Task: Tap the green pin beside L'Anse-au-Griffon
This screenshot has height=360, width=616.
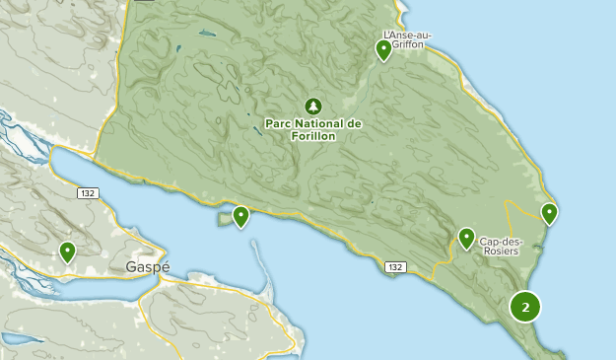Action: tap(384, 49)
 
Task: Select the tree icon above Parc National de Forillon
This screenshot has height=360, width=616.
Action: tap(313, 106)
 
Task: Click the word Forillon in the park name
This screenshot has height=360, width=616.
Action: tap(313, 136)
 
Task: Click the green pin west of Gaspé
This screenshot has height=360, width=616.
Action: tap(67, 252)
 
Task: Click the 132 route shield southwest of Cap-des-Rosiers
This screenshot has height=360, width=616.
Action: tap(395, 267)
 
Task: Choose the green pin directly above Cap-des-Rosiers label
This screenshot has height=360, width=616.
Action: tap(467, 237)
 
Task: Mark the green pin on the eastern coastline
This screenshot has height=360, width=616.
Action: tap(549, 212)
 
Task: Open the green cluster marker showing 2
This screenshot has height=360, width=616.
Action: tap(525, 307)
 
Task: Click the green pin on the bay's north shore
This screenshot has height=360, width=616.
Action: tap(240, 216)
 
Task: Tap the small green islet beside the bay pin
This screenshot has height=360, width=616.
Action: tap(225, 220)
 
